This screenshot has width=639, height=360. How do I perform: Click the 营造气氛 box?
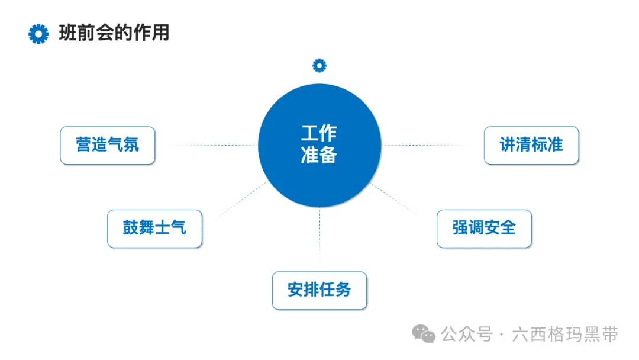(107, 145)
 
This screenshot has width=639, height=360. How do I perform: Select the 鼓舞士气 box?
(154, 228)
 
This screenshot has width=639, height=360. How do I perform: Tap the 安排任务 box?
(319, 290)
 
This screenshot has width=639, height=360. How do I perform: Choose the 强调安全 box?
(484, 228)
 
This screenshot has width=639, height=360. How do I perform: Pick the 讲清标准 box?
(531, 145)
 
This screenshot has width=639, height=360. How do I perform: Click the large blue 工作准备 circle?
(319, 178)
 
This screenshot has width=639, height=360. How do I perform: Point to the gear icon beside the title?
(38, 34)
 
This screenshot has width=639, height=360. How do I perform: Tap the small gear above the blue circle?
(319, 65)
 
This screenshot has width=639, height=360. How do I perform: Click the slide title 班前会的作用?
(114, 33)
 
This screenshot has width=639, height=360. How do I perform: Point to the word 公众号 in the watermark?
(467, 335)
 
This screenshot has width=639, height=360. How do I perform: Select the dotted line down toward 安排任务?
(319, 234)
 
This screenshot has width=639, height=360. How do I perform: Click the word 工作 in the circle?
(319, 133)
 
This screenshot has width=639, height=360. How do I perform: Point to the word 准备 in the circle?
(319, 155)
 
